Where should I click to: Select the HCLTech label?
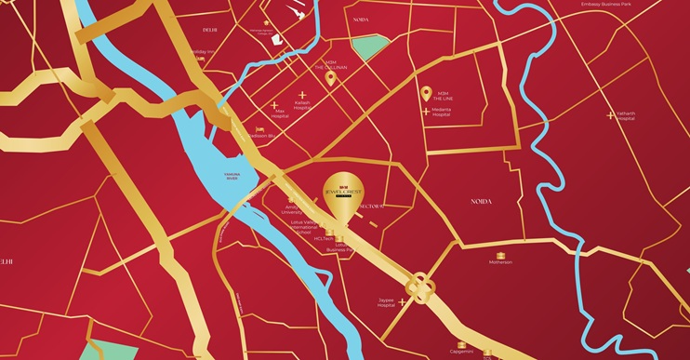[324, 239]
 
